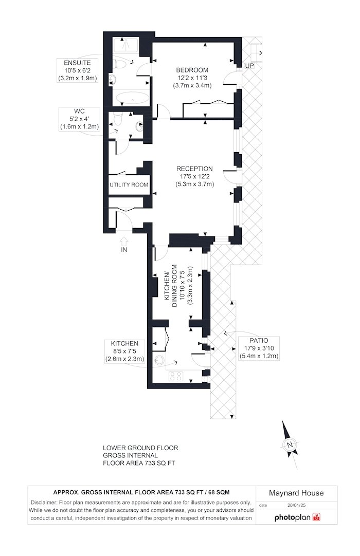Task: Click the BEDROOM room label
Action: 192,70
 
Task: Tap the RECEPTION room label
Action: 194,169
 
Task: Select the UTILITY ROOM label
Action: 129,185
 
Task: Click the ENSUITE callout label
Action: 77,63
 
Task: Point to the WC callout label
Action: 80,112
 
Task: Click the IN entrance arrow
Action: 123,241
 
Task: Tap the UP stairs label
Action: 249,66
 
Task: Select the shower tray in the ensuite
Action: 126,47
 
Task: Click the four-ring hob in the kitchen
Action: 176,376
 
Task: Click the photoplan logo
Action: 298,517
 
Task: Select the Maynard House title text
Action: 296,493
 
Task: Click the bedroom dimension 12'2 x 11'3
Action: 192,78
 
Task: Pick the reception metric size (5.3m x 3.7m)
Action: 194,184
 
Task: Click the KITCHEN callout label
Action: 124,344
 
